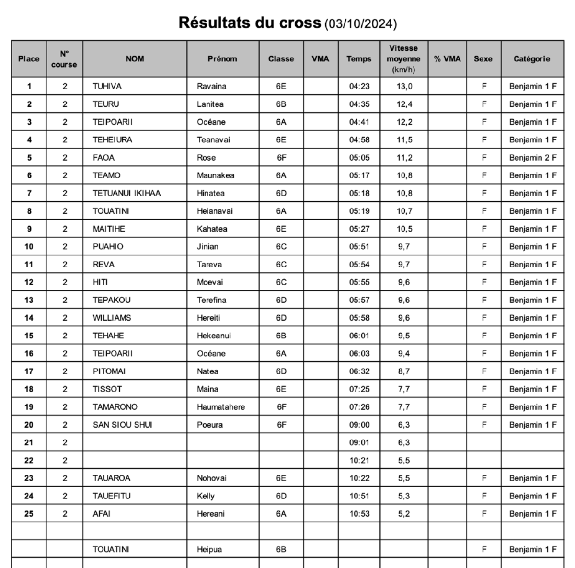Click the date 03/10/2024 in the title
360,23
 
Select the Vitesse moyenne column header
403,59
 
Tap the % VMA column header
447,59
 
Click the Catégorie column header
532,59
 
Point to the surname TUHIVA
107,86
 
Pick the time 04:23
359,86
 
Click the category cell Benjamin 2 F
533,158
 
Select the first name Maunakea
216,175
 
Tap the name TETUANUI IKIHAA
127,193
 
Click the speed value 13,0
404,86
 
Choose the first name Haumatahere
221,407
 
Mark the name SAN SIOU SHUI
123,425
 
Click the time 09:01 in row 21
359,442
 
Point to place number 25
29,514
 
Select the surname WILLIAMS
112,318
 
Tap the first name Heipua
209,549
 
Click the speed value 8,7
404,371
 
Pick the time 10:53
359,514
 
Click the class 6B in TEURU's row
281,104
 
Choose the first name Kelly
206,496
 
